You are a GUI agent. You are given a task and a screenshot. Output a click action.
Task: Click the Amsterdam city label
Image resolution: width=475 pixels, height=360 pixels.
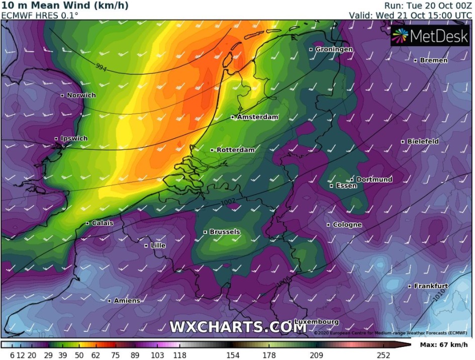(257, 117)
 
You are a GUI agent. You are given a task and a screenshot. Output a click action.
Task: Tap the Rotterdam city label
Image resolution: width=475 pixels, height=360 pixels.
(235, 150)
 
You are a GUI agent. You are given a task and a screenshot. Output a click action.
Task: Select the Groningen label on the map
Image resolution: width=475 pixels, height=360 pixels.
(334, 49)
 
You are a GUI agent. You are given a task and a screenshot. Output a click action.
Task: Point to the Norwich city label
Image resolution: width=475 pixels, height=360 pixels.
(81, 95)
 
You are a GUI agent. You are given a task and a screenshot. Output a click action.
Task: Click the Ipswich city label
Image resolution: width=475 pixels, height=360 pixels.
(73, 138)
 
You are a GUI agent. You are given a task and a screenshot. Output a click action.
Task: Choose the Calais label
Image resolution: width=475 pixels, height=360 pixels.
(103, 223)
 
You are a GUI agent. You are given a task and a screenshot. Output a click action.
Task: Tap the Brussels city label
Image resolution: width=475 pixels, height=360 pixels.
(224, 232)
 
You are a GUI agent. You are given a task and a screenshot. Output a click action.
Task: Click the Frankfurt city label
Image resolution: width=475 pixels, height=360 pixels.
(431, 286)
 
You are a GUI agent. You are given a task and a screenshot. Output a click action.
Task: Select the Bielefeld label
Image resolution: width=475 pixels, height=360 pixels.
(423, 141)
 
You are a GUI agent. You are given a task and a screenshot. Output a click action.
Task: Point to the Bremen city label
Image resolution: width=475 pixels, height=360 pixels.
(433, 60)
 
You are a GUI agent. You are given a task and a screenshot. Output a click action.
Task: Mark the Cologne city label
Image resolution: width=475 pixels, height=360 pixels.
(347, 225)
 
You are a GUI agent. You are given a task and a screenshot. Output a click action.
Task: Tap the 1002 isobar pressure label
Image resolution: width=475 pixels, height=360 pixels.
(228, 202)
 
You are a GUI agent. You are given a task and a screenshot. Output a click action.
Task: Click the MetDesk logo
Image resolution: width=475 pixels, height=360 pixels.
(430, 36)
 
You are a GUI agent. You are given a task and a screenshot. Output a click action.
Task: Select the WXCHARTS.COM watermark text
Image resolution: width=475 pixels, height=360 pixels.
(238, 327)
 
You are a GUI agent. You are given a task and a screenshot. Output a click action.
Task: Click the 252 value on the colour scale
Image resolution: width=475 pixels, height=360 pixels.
(384, 355)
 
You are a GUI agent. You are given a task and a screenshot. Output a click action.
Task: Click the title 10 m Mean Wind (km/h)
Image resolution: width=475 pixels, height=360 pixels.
(64, 6)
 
